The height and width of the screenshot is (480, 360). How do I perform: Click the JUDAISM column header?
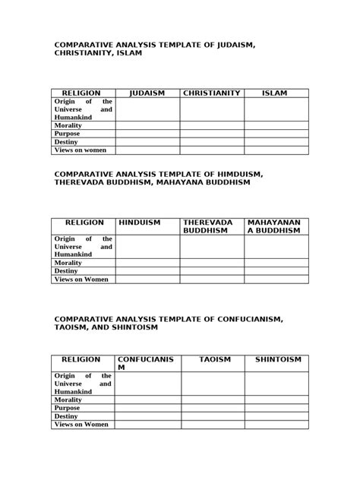[147, 93]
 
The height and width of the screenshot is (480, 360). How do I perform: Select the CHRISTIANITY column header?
[211, 93]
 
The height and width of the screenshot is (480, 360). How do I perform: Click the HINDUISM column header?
[140, 223]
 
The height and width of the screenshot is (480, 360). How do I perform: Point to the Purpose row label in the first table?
[68, 132]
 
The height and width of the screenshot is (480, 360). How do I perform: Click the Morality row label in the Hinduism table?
[68, 261]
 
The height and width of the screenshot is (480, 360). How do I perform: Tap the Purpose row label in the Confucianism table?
[68, 408]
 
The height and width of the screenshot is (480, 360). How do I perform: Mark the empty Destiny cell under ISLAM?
[276, 141]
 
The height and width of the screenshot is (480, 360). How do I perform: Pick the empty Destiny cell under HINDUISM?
[147, 270]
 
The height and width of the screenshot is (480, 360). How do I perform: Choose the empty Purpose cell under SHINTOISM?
[276, 408]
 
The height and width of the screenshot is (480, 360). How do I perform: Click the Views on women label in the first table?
[81, 150]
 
